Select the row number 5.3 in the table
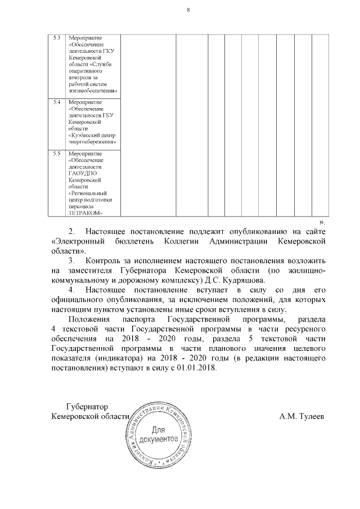(56, 38)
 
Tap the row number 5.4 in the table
(56, 102)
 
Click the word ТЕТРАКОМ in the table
(84, 213)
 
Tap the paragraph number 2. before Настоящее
(71, 231)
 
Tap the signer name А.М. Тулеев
(301, 417)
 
